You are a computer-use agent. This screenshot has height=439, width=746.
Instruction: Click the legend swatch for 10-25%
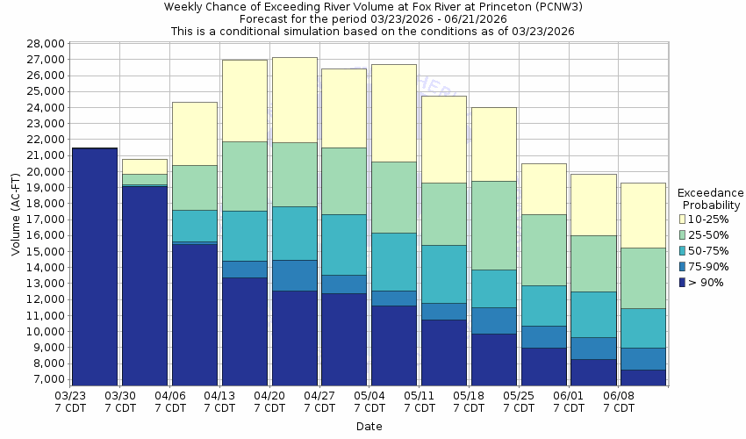[683, 219]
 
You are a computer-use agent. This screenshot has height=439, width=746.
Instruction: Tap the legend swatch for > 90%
[683, 282]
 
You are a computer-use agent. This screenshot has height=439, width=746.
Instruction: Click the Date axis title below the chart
[369, 427]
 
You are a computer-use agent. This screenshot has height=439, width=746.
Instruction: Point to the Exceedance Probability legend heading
[710, 198]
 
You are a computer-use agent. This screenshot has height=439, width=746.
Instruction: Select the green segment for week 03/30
[145, 179]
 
